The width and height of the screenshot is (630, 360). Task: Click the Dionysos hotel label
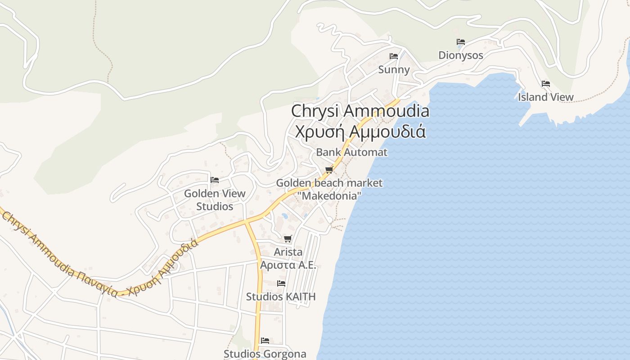[x=461, y=55]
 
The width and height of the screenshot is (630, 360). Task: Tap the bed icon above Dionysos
[x=460, y=42]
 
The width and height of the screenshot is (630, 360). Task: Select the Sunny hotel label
[x=394, y=70]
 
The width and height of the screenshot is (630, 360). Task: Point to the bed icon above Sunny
[x=394, y=56]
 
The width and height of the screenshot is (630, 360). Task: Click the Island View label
[x=545, y=97]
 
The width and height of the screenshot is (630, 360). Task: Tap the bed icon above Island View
[x=546, y=84]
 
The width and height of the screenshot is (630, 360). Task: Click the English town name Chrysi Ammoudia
[x=360, y=111]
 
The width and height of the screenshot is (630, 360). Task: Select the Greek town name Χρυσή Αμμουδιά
[x=360, y=132]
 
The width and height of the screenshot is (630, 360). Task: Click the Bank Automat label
[x=351, y=152]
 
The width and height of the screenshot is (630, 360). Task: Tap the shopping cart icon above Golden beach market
[x=329, y=170]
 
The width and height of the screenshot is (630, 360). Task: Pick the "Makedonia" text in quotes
[x=329, y=196]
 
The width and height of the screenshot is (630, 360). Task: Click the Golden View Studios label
[x=215, y=200]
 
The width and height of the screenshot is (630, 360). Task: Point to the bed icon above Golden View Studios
[x=215, y=180]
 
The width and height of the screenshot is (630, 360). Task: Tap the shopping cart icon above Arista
[x=288, y=238]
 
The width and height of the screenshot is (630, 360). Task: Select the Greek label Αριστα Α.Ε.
[x=288, y=265]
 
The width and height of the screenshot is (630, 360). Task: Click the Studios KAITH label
[x=281, y=297]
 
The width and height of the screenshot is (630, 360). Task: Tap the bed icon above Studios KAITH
[x=281, y=283]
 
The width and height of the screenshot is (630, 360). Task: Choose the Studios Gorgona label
[x=265, y=354]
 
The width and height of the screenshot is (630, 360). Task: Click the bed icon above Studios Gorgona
[x=265, y=341]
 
